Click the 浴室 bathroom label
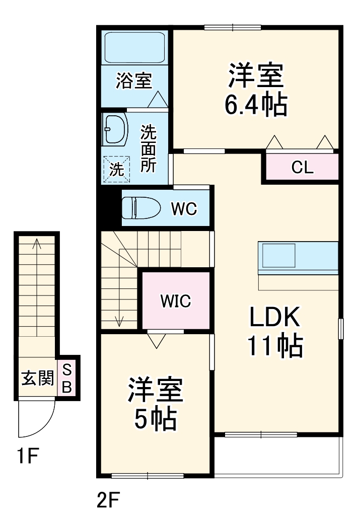click(133, 81)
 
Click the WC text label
click(183, 208)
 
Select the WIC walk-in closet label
click(175, 300)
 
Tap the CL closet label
click(302, 168)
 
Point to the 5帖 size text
click(155, 418)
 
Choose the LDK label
click(275, 318)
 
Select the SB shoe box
click(67, 378)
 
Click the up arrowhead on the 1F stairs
click(37, 243)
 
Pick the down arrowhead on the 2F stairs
click(119, 321)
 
